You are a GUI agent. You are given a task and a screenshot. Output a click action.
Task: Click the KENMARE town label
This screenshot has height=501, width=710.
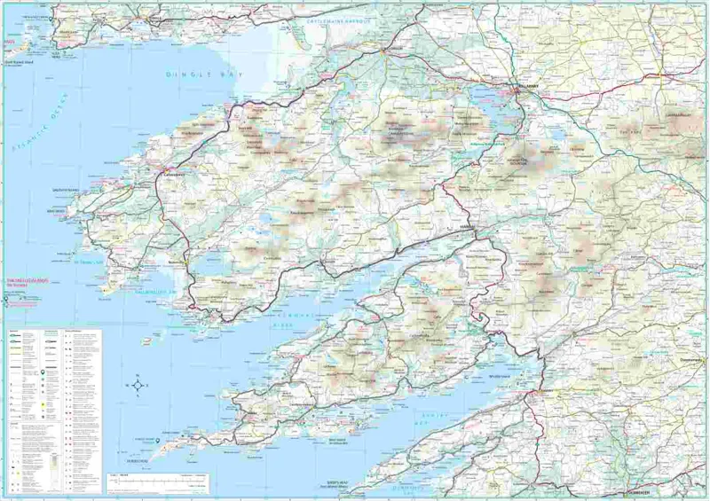469,228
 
